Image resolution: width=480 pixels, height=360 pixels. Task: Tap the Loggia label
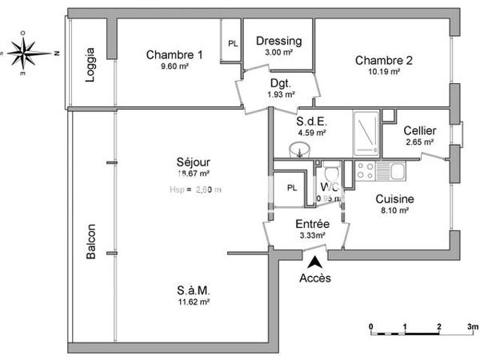(x=90, y=62)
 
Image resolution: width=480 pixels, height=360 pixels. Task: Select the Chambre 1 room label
(x=174, y=54)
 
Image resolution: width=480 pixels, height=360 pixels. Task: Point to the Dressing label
(x=278, y=42)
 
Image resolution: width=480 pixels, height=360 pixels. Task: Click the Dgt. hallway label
(x=280, y=83)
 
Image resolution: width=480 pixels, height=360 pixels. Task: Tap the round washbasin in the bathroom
(x=298, y=149)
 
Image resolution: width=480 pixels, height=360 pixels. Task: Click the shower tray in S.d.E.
(x=366, y=133)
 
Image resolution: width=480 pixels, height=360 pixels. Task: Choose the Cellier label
(x=419, y=130)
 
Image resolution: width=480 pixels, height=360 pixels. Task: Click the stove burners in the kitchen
(x=365, y=170)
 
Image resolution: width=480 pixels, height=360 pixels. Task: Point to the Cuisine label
(x=395, y=199)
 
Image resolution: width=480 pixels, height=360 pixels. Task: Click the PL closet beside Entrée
(x=291, y=189)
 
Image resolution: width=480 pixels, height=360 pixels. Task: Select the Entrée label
(x=312, y=224)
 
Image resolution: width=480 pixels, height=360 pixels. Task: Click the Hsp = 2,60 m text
(x=195, y=190)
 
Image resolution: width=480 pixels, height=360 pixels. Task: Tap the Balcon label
(x=91, y=241)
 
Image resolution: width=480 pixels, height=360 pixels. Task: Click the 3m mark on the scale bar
(x=472, y=327)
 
